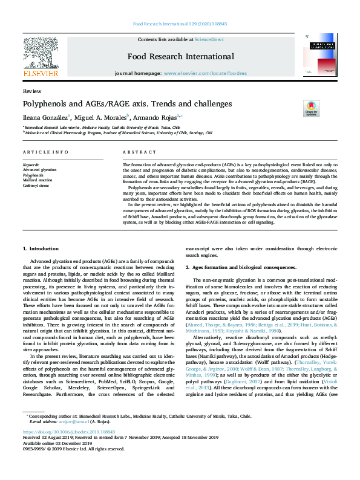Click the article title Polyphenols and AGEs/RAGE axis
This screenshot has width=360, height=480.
point(127,103)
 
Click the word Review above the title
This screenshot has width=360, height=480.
point(28,90)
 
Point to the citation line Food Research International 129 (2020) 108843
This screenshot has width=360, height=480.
point(179,25)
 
